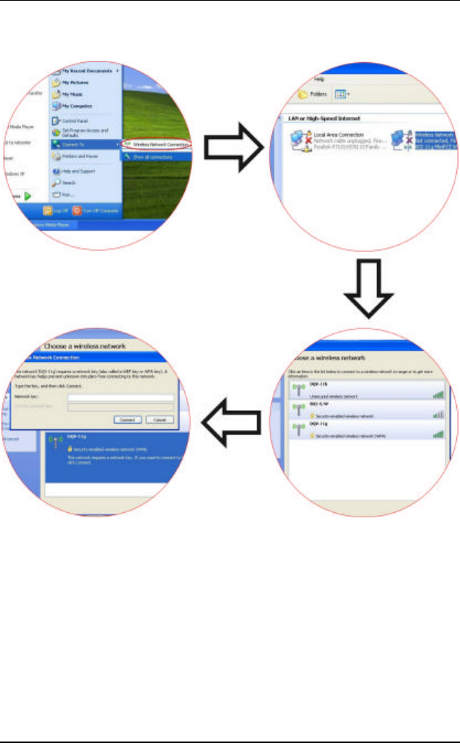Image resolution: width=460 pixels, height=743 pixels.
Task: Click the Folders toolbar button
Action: tap(312, 95)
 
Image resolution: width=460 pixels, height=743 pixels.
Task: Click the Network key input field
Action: tap(120, 397)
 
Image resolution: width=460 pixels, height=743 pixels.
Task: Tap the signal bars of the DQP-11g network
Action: tap(439, 434)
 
